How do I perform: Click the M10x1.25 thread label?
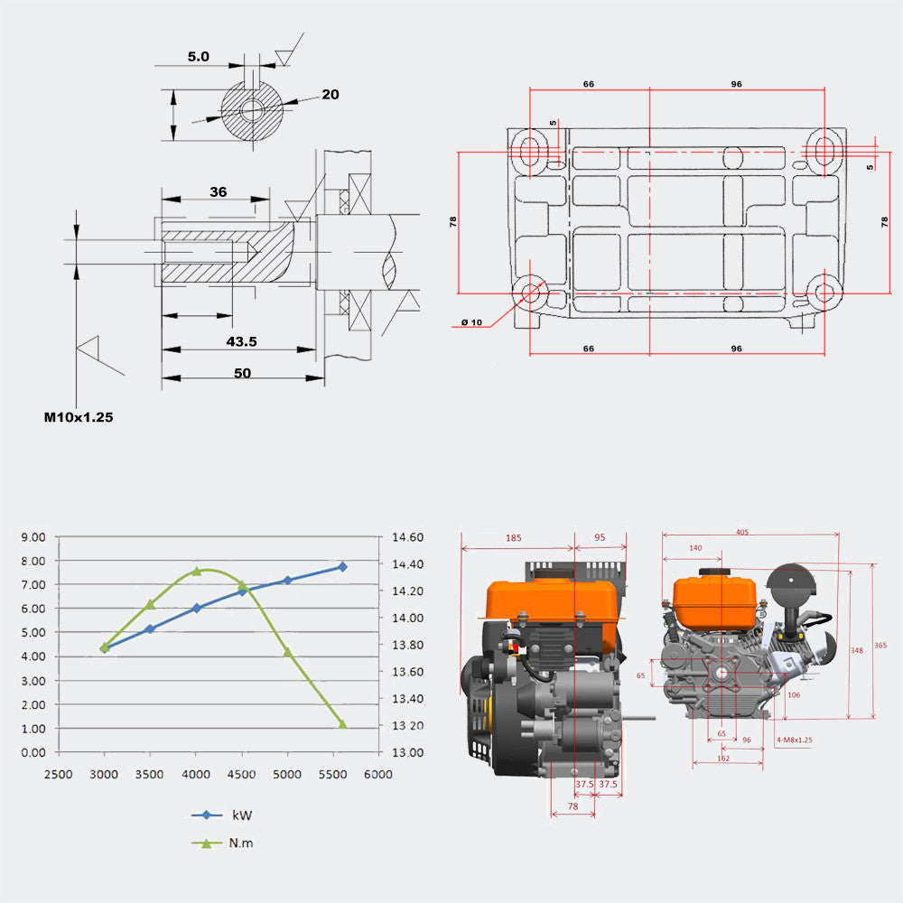[x=79, y=417]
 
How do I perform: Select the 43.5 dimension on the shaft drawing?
[x=241, y=341]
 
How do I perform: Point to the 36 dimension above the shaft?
[x=218, y=191]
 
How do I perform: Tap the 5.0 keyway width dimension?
[x=198, y=56]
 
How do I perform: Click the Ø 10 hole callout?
[x=471, y=322]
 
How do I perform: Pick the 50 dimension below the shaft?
[x=242, y=372]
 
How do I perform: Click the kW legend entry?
[x=241, y=815]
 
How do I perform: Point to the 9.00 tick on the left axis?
[x=33, y=537]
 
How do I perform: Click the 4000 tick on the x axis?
[x=196, y=774]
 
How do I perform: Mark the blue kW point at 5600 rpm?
[x=342, y=566]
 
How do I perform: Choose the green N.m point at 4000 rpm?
[x=196, y=571]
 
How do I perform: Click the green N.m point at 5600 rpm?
[x=342, y=723]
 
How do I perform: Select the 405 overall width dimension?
[x=741, y=532]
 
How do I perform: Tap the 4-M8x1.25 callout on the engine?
[x=795, y=740]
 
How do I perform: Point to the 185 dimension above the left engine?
[x=513, y=538]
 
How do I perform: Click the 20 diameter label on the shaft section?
[x=330, y=94]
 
